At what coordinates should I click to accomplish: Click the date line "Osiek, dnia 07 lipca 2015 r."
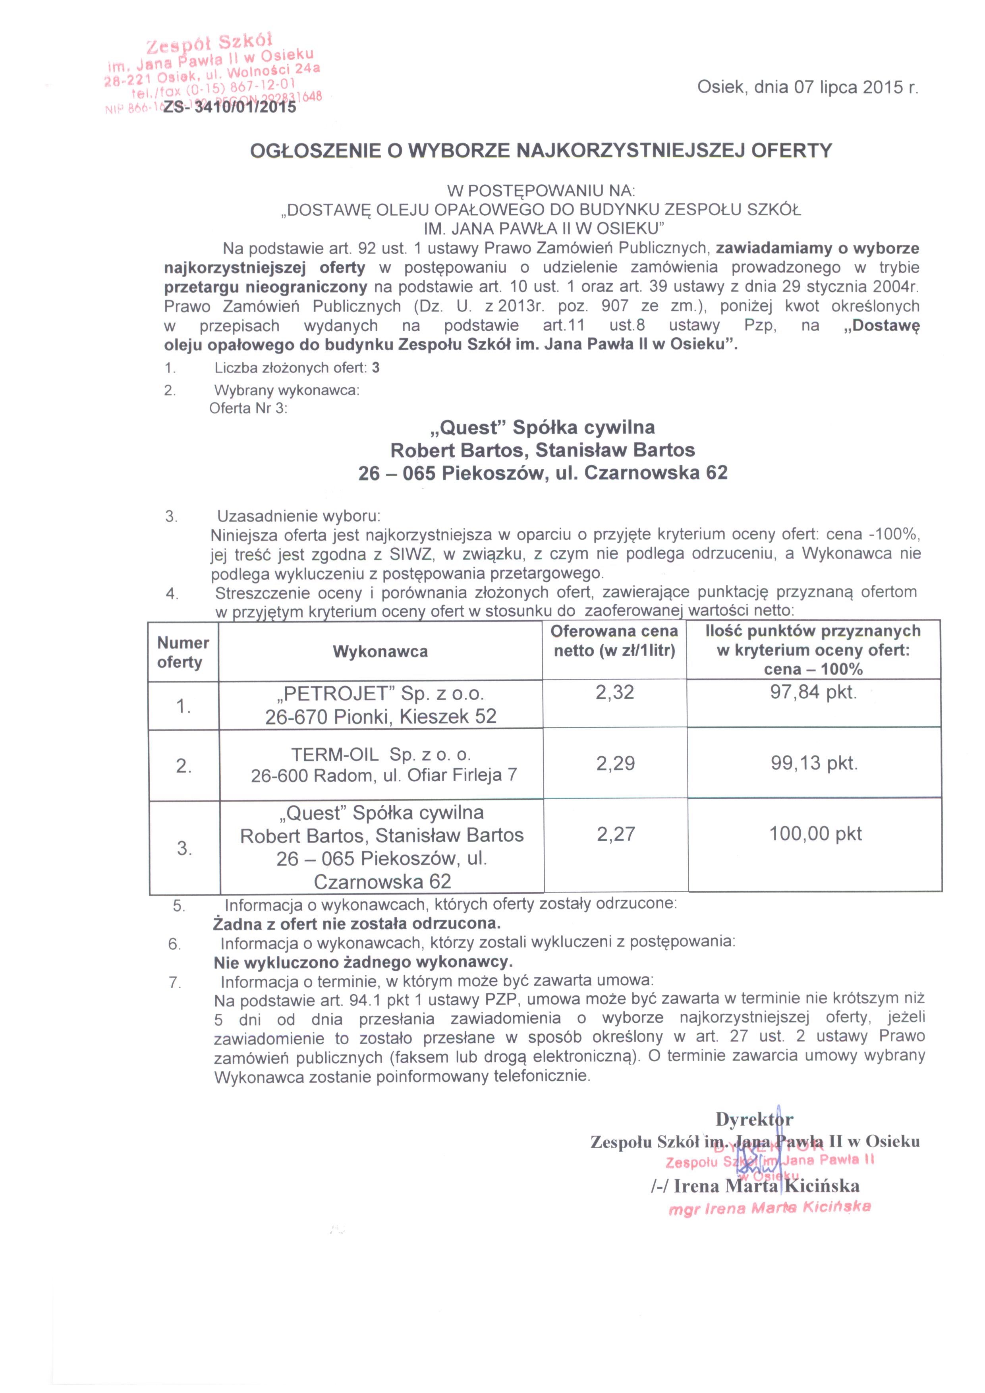(807, 87)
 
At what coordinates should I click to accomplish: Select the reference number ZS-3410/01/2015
(230, 107)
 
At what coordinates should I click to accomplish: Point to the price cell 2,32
(614, 692)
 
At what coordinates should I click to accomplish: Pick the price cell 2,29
(615, 763)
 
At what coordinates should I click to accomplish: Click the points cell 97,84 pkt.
(813, 692)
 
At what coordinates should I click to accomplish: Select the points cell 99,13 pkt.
(814, 763)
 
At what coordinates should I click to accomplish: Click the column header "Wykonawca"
(380, 651)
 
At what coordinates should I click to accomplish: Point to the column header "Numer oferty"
(183, 652)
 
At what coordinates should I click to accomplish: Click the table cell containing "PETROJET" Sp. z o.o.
(380, 705)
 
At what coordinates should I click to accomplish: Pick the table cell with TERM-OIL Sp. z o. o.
(383, 765)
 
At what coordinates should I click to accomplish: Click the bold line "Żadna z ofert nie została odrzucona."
(357, 924)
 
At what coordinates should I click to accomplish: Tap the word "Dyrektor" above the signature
(754, 1119)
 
